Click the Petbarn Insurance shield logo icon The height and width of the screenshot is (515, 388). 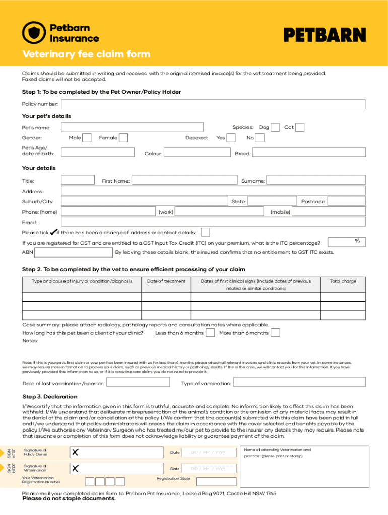pyautogui.click(x=34, y=33)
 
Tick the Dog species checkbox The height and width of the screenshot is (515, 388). pyautogui.click(x=276, y=127)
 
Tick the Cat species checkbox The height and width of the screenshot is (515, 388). pyautogui.click(x=299, y=127)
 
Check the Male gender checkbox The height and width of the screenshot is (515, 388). pyautogui.click(x=87, y=138)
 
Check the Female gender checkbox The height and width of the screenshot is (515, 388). pyautogui.click(x=123, y=138)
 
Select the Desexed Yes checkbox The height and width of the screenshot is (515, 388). pyautogui.click(x=231, y=138)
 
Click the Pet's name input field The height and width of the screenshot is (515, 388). pyautogui.click(x=132, y=127)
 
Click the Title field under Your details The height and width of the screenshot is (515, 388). pyautogui.click(x=78, y=180)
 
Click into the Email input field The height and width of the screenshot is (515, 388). pyautogui.click(x=213, y=222)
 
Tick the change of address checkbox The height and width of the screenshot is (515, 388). pyautogui.click(x=205, y=232)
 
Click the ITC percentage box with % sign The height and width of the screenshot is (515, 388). pyautogui.click(x=347, y=242)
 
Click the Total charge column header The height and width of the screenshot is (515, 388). pyautogui.click(x=343, y=281)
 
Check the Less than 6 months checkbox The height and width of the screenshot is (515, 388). pyautogui.click(x=211, y=333)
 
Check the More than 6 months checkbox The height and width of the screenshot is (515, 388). pyautogui.click(x=276, y=333)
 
